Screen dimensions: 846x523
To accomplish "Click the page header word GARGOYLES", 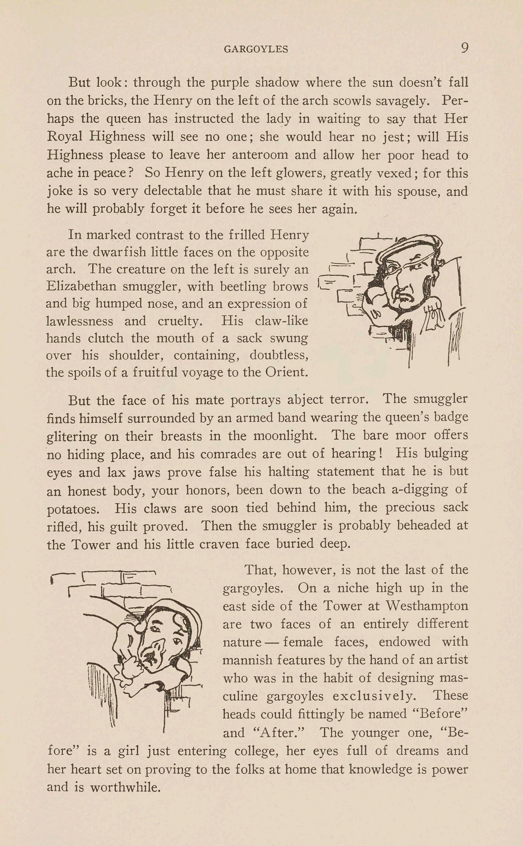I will click(256, 49).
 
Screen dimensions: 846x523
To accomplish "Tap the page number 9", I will click(465, 48).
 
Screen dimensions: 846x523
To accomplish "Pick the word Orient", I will click(286, 372).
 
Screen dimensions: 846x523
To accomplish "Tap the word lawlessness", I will click(80, 321).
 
